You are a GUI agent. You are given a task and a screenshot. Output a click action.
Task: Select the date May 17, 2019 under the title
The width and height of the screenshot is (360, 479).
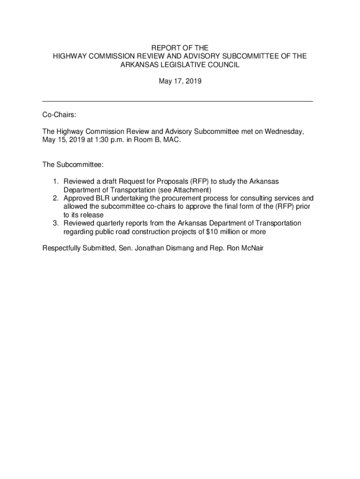click(180, 81)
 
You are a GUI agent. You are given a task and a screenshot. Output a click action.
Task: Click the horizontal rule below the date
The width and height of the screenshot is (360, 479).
click(178, 101)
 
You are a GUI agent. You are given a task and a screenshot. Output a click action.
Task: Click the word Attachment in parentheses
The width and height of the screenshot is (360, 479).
click(192, 190)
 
